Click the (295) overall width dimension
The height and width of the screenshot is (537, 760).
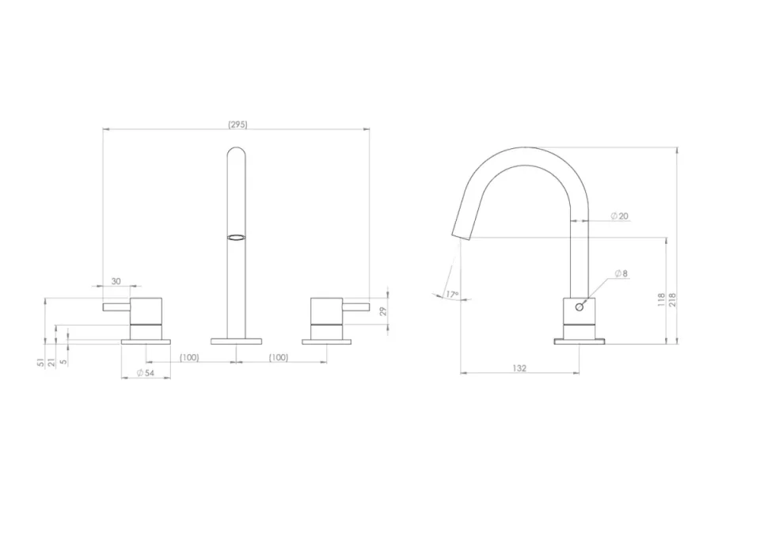[237, 124]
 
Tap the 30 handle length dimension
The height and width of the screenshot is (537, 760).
[116, 281]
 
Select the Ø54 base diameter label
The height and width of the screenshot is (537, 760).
[146, 373]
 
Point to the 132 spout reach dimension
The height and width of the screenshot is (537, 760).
[519, 368]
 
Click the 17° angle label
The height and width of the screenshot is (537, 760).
[452, 295]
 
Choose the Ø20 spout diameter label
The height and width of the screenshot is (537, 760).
[619, 216]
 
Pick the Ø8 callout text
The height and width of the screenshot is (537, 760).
[621, 273]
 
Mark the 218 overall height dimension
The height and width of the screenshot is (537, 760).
[672, 300]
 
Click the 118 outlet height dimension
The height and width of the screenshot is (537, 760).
[661, 300]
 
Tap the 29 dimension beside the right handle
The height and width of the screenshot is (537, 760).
[383, 311]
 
